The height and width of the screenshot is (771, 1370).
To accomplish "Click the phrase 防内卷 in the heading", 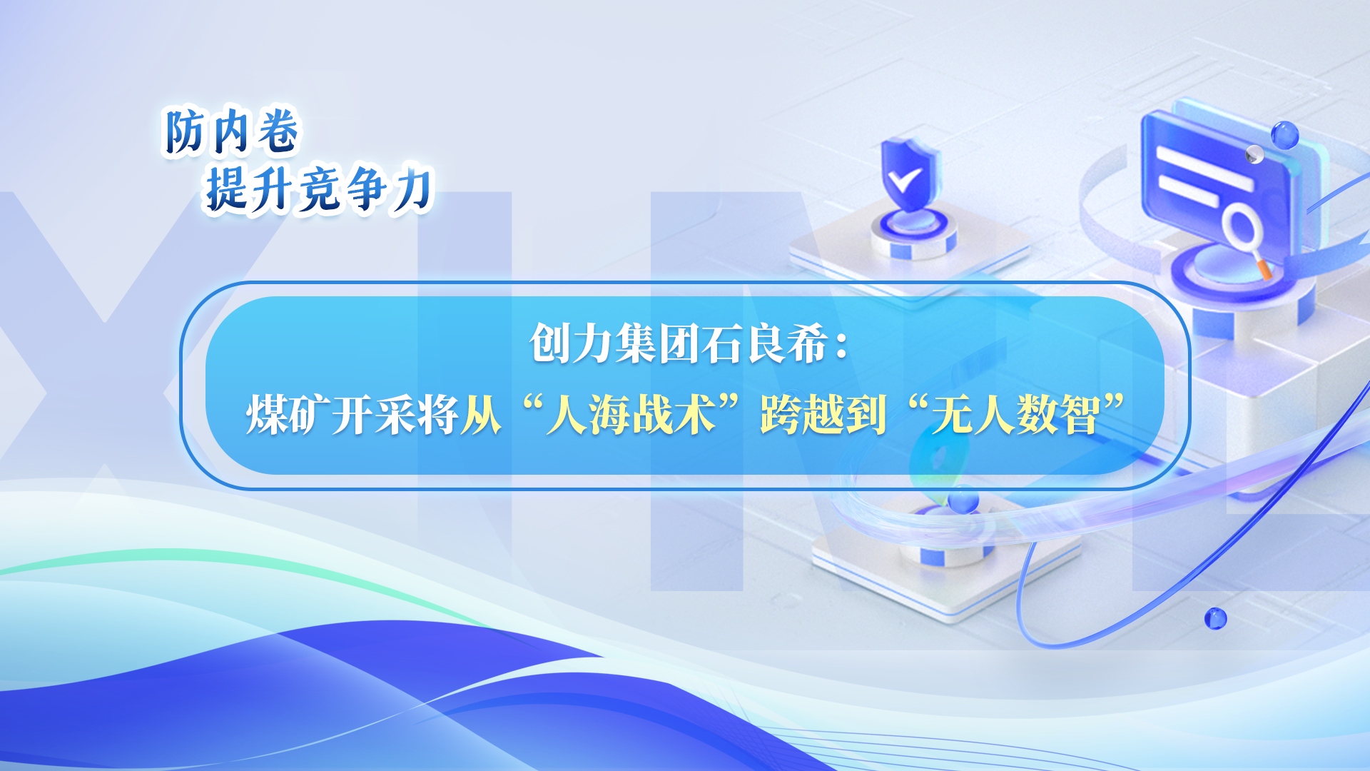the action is click(231, 131).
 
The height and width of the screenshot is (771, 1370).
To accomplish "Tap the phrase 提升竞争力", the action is click(319, 190).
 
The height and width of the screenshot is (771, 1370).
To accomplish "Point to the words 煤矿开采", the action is click(331, 414).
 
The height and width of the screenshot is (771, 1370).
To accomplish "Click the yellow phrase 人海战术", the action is click(631, 414).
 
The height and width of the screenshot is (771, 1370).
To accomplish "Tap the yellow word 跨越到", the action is click(823, 414).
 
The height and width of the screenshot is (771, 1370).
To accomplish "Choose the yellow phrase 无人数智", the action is click(1016, 414).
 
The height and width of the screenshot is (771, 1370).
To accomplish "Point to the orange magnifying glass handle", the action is click(1264, 269).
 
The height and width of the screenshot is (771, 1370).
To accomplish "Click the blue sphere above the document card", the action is click(1284, 135).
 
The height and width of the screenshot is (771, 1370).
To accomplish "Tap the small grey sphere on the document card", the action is click(1254, 155).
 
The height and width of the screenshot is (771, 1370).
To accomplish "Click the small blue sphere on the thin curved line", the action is click(1215, 618).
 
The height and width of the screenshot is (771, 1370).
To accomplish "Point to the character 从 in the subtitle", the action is click(481, 414).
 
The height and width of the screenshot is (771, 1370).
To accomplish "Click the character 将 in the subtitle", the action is click(438, 414).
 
